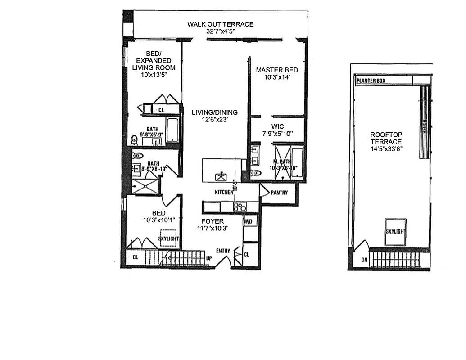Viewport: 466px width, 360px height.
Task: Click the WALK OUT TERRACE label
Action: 221,24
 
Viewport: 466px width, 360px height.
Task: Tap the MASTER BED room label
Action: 276,70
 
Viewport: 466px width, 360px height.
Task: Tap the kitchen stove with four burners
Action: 240,207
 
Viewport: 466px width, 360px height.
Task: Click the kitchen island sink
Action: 221,177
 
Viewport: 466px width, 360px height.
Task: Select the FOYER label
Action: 212,221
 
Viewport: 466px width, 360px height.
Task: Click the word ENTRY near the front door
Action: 223,251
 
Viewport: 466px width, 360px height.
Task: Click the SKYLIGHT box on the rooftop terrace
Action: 395,232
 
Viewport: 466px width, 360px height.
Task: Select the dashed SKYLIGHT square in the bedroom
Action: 168,238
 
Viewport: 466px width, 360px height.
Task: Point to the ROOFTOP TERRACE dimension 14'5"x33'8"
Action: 385,148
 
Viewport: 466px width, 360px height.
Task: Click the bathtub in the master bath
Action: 298,162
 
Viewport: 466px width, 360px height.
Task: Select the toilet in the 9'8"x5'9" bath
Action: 134,140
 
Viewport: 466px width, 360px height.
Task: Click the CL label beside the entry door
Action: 246,254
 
